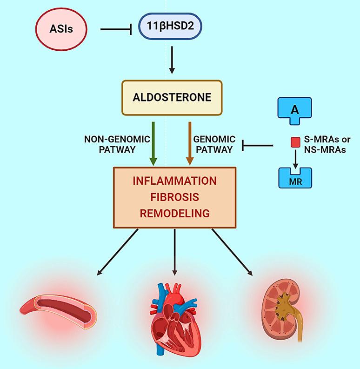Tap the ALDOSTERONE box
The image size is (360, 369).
click(x=172, y=97)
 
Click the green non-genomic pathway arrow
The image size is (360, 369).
click(x=153, y=142)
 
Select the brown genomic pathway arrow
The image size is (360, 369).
click(x=189, y=142)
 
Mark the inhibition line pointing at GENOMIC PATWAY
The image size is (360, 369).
click(x=258, y=146)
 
